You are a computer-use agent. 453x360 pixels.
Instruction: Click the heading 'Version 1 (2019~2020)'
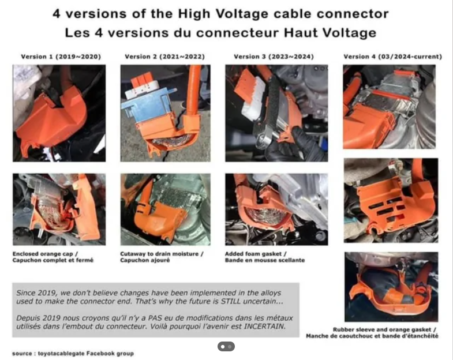(x=61, y=57)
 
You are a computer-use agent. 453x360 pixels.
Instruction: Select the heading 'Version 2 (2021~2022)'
(x=164, y=57)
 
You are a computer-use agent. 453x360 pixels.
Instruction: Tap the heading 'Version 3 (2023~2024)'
(x=274, y=57)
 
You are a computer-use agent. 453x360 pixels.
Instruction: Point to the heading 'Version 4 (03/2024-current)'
(x=392, y=57)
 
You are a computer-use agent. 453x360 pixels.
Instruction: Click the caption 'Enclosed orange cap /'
(x=45, y=254)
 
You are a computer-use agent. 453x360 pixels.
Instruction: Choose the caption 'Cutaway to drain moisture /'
(x=162, y=254)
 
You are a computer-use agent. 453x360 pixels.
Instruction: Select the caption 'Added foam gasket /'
(x=256, y=254)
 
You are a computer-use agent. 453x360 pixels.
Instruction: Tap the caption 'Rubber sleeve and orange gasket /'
(x=384, y=329)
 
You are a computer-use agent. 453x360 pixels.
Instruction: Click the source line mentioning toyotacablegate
(x=73, y=353)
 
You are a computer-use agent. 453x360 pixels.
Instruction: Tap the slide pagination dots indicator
(x=226, y=346)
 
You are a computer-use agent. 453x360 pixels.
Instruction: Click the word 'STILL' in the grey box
(x=231, y=301)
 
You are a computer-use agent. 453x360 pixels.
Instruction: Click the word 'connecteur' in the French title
(x=237, y=33)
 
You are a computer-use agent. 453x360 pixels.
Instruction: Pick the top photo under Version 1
(x=59, y=113)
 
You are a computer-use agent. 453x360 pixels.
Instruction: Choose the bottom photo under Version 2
(x=165, y=209)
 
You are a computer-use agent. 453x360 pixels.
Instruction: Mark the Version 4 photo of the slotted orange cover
(x=391, y=201)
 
